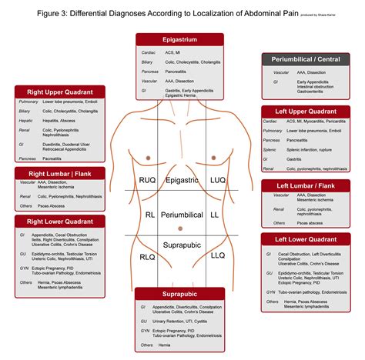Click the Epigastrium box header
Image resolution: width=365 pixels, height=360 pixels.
coord(179,40)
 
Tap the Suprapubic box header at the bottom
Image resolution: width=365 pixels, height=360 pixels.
coord(179,294)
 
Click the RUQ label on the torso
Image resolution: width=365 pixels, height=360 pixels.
coord(146,181)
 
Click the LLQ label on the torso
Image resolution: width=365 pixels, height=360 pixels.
coord(218,255)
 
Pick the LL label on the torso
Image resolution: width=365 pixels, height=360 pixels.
coord(215,216)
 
